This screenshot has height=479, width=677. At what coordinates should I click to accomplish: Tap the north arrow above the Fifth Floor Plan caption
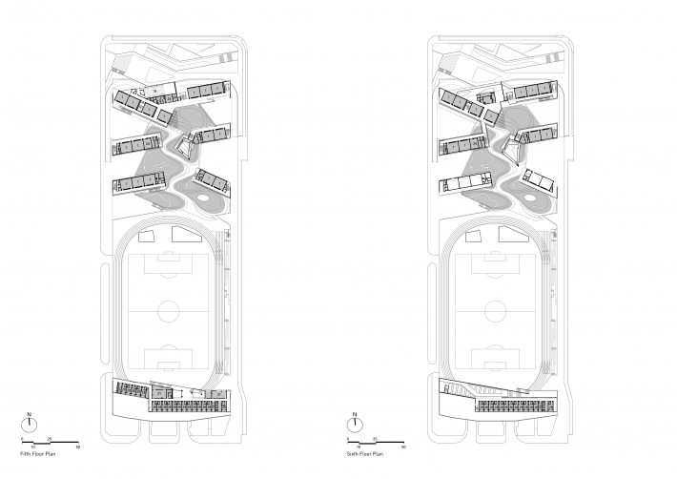tap(31, 419)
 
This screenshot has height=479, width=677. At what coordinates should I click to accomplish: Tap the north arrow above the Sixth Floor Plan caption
tap(356, 419)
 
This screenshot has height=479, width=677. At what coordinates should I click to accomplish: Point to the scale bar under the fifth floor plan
tap(52, 442)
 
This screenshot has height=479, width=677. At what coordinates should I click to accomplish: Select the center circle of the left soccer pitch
tap(171, 311)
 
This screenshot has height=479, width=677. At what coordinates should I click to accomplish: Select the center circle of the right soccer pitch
tap(496, 311)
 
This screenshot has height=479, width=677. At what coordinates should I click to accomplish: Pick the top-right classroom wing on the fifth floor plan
tap(208, 91)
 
